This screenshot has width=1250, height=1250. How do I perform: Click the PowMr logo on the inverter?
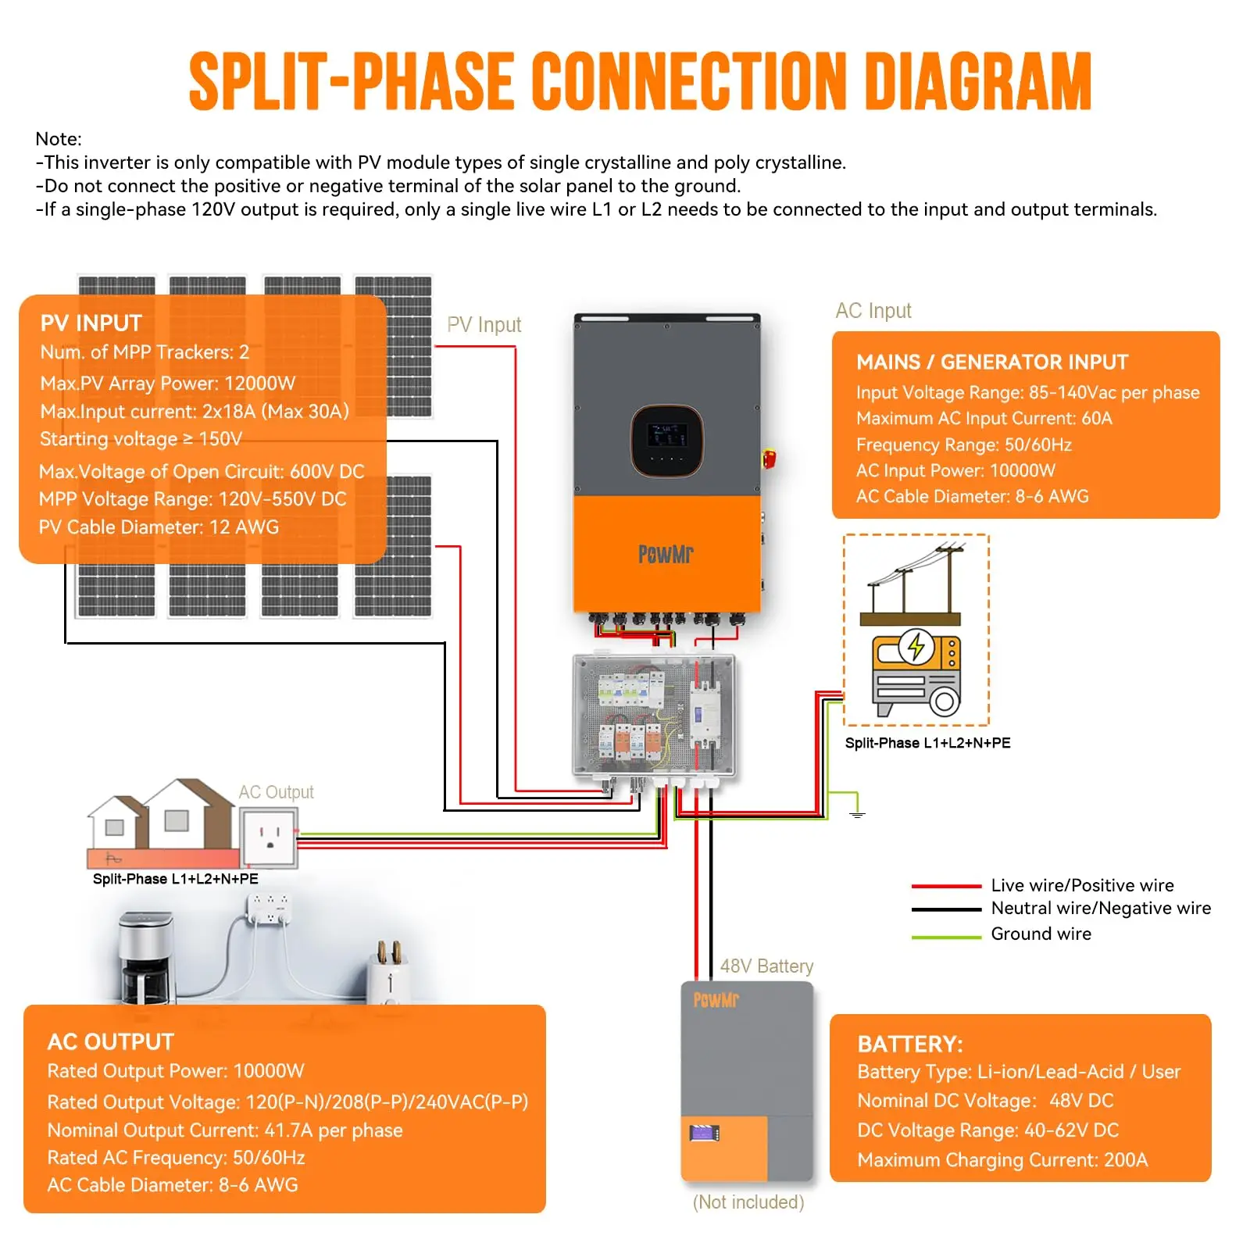pos(666,554)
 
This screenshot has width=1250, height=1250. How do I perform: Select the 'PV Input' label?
pos(484,325)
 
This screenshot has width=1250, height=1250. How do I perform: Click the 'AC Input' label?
pos(873,311)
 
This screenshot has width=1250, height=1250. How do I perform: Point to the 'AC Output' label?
pos(276,792)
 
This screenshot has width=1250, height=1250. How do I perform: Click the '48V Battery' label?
pos(766,966)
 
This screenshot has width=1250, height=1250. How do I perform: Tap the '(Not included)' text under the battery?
pos(748,1202)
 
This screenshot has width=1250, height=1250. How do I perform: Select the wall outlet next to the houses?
pos(270,837)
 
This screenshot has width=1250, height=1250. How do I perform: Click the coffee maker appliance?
pos(145,956)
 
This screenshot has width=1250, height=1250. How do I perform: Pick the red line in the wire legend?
pos(945,887)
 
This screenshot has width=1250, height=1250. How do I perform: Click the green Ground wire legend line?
pos(945,937)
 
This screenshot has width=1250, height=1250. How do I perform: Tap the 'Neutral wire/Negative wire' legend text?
pos(1100,908)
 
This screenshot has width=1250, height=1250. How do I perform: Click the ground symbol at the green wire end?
pos(857,814)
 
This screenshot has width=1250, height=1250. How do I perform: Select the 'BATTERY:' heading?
pos(910,1044)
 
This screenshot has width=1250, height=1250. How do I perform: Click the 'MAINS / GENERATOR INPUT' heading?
pos(991,362)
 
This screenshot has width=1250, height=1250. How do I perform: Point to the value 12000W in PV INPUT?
pos(259,383)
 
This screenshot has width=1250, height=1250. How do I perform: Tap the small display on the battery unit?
pos(704,1132)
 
